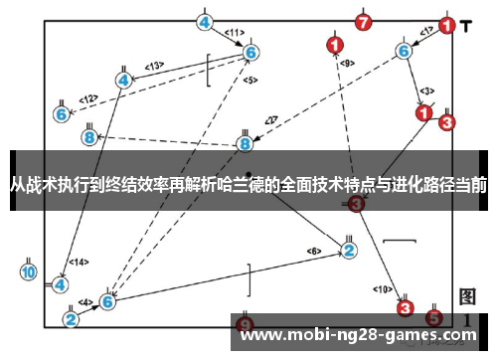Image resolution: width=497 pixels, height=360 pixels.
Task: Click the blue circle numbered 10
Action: point(29,270)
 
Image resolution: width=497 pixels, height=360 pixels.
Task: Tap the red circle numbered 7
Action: point(364,22)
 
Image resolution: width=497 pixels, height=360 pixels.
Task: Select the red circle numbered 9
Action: point(247,324)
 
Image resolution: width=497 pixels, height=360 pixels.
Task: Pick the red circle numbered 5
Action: point(433,318)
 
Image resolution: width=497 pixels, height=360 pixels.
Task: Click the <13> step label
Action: point(154,66)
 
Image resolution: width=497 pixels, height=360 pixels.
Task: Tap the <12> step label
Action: point(88,98)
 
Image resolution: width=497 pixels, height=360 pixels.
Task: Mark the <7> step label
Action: point(270,120)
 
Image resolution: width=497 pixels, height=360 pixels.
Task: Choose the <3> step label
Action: point(426,90)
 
